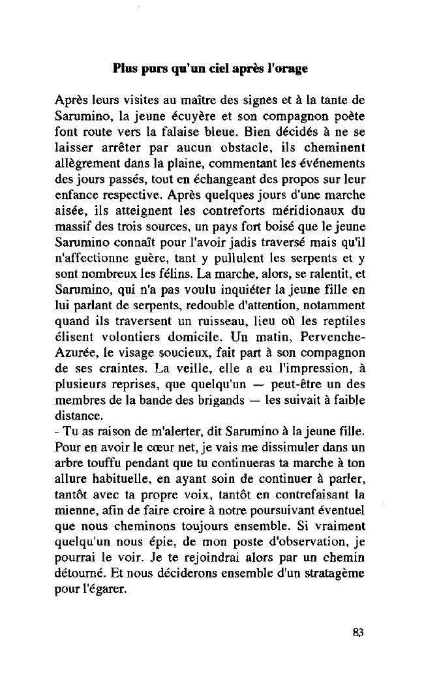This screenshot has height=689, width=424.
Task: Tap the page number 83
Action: point(357,632)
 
